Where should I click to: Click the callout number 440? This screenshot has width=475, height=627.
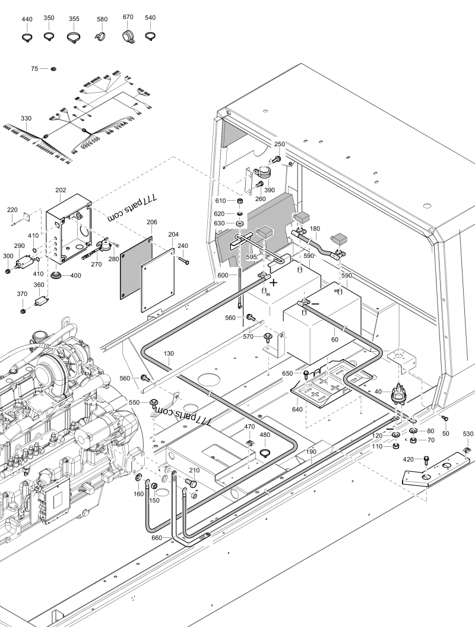[27, 19]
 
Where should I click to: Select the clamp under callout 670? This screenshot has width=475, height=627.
[128, 35]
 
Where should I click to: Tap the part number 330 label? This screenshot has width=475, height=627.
[26, 118]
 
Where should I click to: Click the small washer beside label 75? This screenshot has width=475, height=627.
[53, 69]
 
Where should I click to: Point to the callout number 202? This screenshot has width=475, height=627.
[61, 190]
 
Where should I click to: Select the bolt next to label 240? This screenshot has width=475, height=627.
[184, 261]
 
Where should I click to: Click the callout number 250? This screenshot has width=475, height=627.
[280, 144]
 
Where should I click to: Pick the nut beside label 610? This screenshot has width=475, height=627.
[240, 200]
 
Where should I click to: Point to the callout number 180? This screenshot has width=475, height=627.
[315, 229]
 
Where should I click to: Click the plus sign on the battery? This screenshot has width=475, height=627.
[274, 283]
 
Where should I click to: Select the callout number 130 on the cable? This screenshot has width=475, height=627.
[169, 354]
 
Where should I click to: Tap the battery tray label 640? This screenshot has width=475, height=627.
[297, 409]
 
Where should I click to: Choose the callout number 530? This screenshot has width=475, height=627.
[468, 434]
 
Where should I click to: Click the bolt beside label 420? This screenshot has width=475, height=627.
[426, 460]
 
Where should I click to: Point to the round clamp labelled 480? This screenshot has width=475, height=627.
[264, 453]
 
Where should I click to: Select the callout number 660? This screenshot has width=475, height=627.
[157, 538]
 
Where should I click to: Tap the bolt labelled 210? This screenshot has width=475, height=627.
[191, 483]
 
